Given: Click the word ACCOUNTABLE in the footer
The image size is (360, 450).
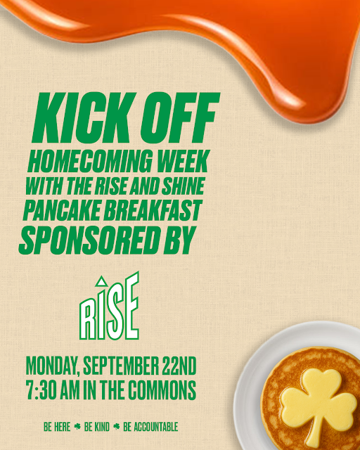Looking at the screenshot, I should (150, 426).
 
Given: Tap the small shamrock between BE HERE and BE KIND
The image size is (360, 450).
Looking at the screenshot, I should (78, 426).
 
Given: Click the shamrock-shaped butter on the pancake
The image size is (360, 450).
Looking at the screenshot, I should (316, 401).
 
